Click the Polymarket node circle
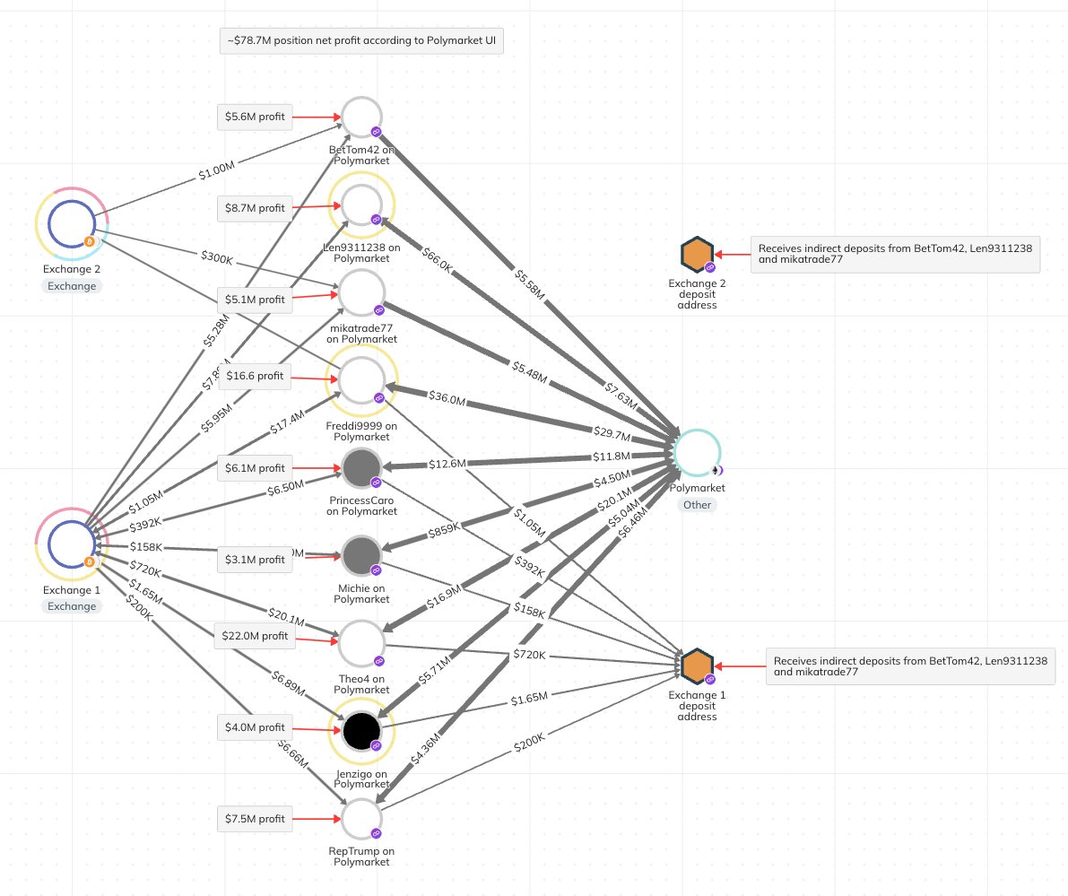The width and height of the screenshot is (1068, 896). point(697,453)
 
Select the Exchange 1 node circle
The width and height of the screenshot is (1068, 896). point(72,544)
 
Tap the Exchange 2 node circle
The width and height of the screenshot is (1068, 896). point(72,223)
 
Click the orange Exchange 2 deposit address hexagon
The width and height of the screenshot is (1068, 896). point(697,256)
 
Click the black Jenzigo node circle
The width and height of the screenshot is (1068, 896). point(362,731)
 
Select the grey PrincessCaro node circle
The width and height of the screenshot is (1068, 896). point(362,468)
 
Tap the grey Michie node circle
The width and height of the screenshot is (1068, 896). point(362,556)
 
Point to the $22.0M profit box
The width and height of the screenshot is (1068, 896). point(255,637)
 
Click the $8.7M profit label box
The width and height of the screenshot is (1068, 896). point(255,208)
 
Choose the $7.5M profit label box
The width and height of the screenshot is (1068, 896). point(255,819)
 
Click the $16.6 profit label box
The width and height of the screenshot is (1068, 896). point(255,376)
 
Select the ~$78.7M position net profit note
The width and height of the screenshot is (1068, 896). point(361,41)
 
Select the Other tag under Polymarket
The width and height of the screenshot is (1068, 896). point(697,505)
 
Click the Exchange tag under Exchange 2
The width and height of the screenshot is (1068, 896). point(72,285)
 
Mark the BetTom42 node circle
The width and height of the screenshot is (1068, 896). point(362,117)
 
